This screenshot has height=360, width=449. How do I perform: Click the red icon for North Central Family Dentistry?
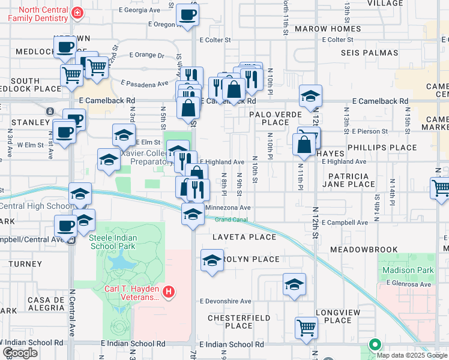pos(77,13)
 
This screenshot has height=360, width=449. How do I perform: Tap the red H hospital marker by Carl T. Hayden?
pos(169,292)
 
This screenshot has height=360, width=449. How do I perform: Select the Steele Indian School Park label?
pos(113,242)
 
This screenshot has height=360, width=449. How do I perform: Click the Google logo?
pos(20,352)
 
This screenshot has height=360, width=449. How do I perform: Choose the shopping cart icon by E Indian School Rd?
pos(306,328)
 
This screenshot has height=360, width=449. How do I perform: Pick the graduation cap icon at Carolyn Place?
pos(211,260)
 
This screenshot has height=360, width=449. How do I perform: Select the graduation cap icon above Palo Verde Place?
pos(311,95)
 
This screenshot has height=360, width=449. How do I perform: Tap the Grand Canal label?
pos(231,219)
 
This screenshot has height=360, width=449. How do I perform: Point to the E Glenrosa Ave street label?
pos(409,283)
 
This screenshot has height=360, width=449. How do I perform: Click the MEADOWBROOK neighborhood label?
pos(360,249)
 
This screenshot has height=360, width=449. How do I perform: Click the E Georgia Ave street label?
pos(140,10)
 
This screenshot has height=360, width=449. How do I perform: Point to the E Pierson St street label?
pos(370,131)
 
